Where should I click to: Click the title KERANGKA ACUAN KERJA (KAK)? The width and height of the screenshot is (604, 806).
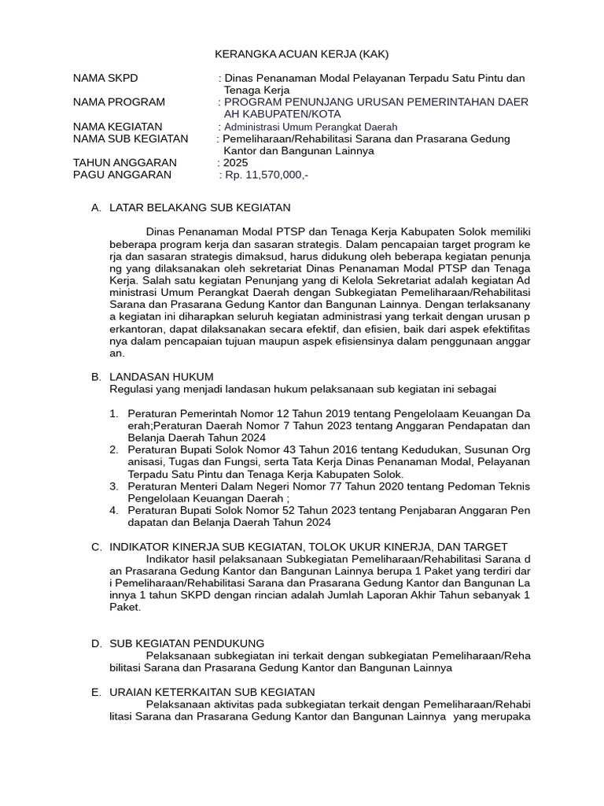[302, 54]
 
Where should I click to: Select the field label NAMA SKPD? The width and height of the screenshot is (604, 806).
[105, 78]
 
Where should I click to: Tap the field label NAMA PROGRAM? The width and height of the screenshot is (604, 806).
[119, 102]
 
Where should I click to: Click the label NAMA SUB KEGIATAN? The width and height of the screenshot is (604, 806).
[131, 139]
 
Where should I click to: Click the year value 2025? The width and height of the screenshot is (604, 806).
[236, 163]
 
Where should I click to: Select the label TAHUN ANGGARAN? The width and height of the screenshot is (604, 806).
[124, 163]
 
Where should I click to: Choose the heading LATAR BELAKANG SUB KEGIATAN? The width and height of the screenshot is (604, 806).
[200, 208]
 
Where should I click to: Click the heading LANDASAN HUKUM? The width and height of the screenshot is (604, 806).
[161, 377]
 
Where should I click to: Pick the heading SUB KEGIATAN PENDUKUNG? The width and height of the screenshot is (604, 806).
[186, 643]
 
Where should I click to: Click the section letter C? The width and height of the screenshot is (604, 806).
[95, 547]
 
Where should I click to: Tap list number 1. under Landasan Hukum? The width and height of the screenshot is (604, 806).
[114, 413]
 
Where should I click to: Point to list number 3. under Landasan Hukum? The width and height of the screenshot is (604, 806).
[114, 486]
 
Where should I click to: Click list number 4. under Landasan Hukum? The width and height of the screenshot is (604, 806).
[114, 510]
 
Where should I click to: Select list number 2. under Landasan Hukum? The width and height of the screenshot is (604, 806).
[114, 449]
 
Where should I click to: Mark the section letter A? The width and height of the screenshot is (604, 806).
[95, 208]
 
